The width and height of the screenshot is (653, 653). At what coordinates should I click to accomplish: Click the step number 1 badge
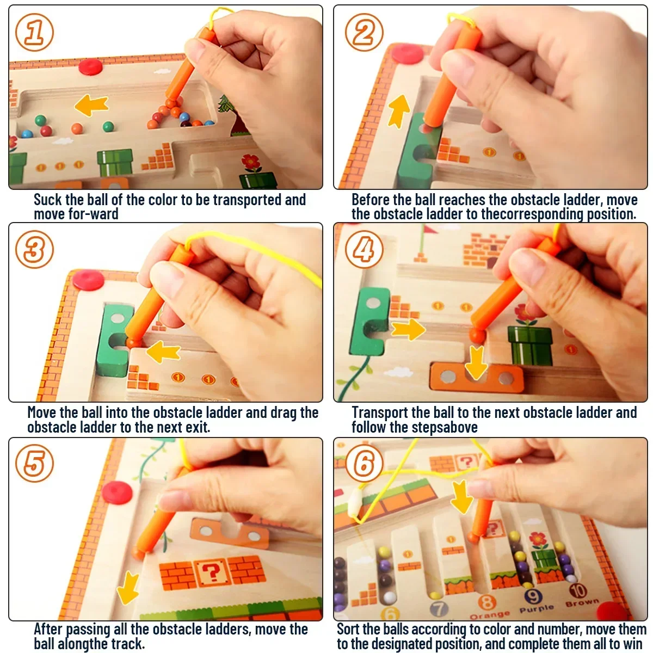pos(34,33)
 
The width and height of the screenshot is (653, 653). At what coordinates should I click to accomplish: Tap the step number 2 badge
pos(364,33)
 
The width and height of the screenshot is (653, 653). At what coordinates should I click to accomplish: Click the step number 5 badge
pos(34,464)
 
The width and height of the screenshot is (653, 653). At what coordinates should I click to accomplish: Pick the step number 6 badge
pos(364,464)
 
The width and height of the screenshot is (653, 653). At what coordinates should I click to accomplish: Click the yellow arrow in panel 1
pos(91,104)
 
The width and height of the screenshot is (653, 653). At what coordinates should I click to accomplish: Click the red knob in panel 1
pos(90,67)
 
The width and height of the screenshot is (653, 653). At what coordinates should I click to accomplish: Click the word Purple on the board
pos(536,608)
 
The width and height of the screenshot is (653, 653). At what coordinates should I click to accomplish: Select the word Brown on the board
pos(582,603)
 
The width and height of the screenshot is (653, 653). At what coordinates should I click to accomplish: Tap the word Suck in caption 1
pos(48,200)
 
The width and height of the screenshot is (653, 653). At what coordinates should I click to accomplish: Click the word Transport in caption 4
pos(380,412)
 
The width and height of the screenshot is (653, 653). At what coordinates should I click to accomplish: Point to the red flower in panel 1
pos(251,162)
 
